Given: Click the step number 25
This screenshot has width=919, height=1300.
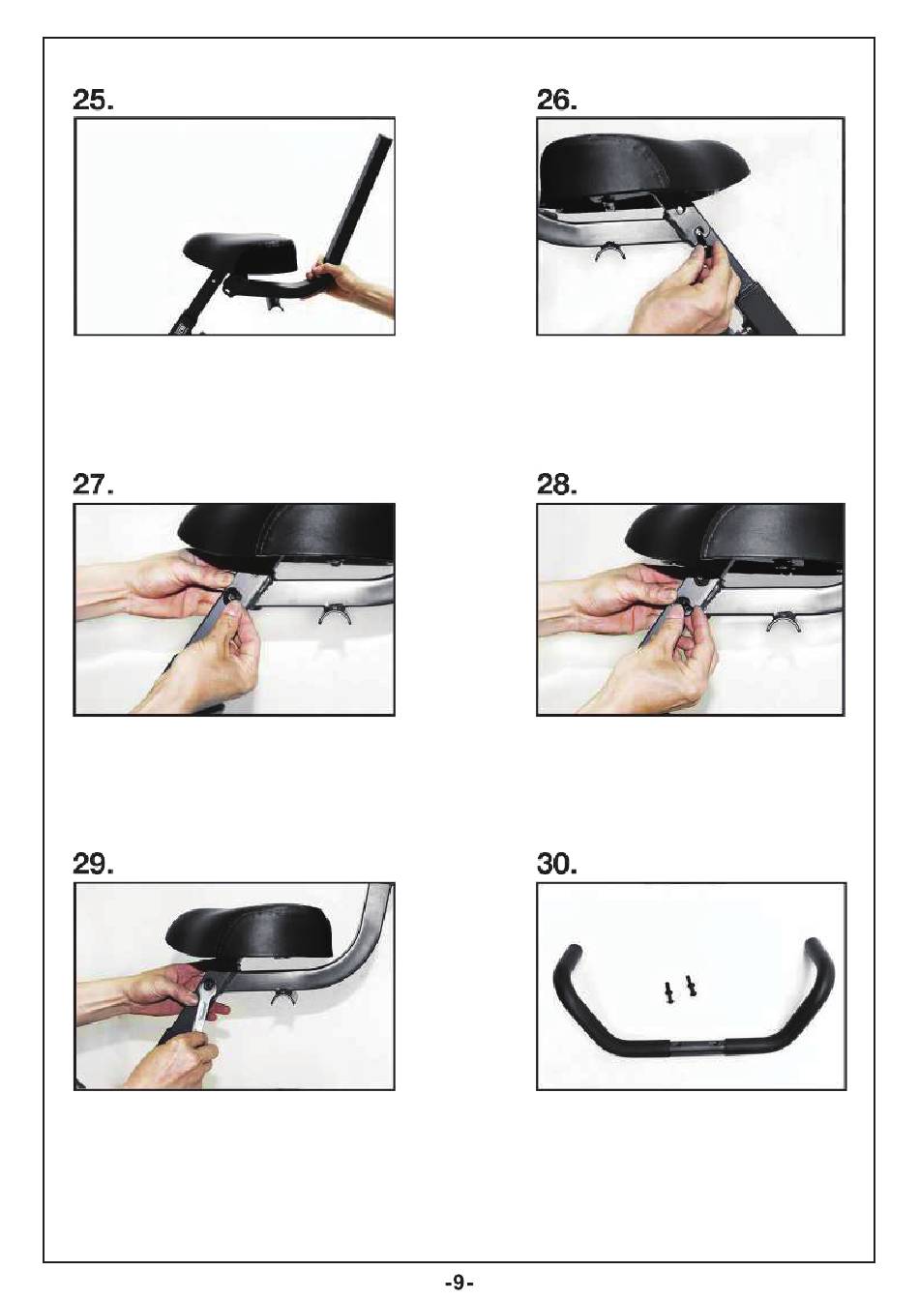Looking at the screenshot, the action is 93,101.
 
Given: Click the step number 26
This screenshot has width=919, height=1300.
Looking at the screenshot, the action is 557,101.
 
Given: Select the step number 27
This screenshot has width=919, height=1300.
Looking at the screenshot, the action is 93,484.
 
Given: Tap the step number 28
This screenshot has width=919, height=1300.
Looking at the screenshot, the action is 557,484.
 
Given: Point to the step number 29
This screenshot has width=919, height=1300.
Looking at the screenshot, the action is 93,866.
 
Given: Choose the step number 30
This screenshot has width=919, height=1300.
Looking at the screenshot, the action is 557,866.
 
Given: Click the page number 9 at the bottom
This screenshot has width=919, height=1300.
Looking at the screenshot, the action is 459,1282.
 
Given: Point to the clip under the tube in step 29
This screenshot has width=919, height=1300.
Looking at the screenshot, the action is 283,996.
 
